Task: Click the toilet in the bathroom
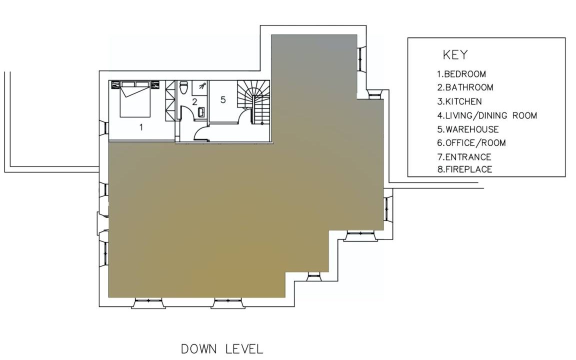183,87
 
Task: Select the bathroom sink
201,112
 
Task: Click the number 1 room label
141,127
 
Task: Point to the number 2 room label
194,102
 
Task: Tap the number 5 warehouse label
223,99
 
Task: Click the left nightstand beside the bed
115,85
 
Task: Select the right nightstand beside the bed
154,85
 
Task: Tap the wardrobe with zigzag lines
170,100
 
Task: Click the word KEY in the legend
455,54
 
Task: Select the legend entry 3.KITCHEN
459,101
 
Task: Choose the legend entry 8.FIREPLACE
464,169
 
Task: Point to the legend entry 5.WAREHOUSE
468,129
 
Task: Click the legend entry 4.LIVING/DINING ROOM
487,115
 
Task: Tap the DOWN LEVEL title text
222,349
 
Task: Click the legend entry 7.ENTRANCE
464,157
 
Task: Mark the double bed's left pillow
128,84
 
